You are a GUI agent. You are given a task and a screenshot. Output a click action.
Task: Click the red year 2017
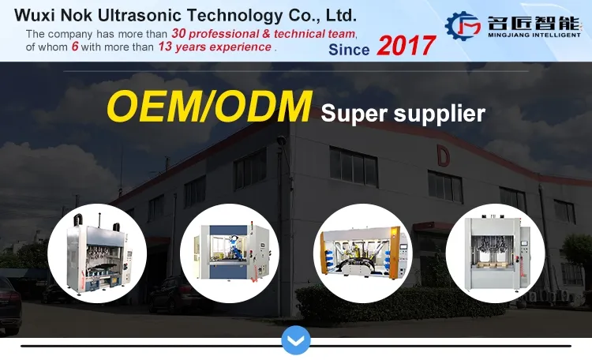(x=406, y=46)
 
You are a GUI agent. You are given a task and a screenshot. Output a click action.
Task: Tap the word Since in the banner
(x=348, y=49)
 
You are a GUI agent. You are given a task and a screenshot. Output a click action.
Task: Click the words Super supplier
(x=403, y=114)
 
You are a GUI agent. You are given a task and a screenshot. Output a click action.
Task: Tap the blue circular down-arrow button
(x=296, y=340)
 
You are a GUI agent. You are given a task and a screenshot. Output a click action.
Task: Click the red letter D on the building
(x=444, y=156)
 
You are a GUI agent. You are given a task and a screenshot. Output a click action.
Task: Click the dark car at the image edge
(x=9, y=304)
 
